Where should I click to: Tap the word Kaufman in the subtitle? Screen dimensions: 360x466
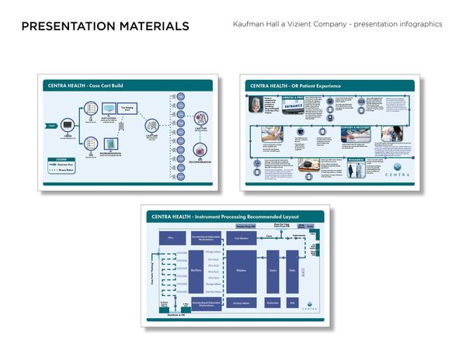pyautogui.click(x=250, y=24)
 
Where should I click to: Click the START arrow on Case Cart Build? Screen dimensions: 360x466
pyautogui.click(x=51, y=125)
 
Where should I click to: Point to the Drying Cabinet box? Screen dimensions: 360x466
pyautogui.click(x=240, y=303)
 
